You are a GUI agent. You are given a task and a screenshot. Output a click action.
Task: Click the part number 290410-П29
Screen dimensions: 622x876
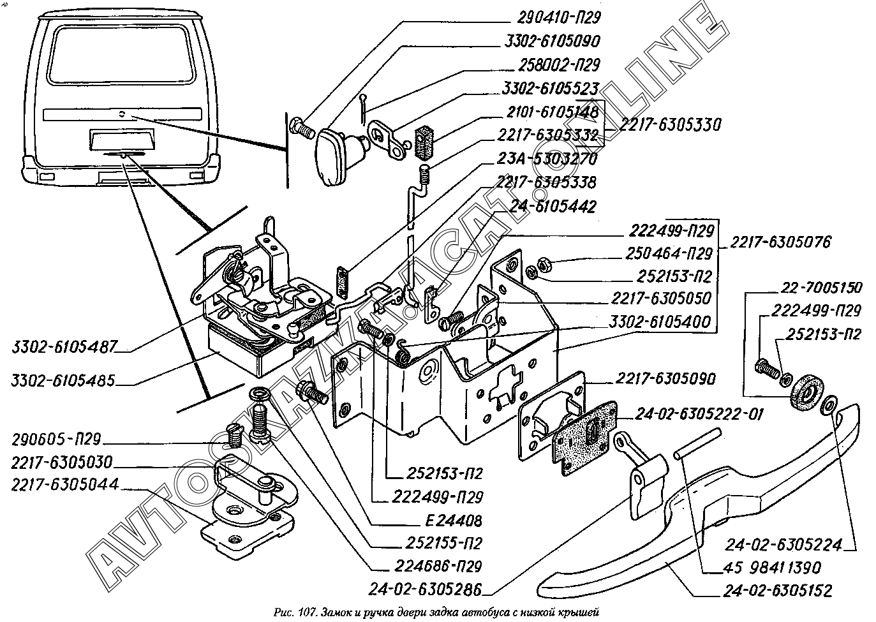(551, 17)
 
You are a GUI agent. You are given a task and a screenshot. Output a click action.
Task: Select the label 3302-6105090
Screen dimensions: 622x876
(551, 41)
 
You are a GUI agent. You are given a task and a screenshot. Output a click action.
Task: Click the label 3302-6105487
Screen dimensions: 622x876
(64, 348)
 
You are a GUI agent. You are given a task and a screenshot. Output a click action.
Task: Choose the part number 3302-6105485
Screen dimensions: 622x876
(63, 381)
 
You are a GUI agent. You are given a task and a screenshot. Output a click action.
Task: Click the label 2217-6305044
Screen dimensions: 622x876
(64, 484)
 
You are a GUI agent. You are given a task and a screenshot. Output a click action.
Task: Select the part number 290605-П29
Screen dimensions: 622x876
(56, 441)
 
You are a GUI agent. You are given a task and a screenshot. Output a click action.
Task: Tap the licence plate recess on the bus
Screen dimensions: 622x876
(121, 140)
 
